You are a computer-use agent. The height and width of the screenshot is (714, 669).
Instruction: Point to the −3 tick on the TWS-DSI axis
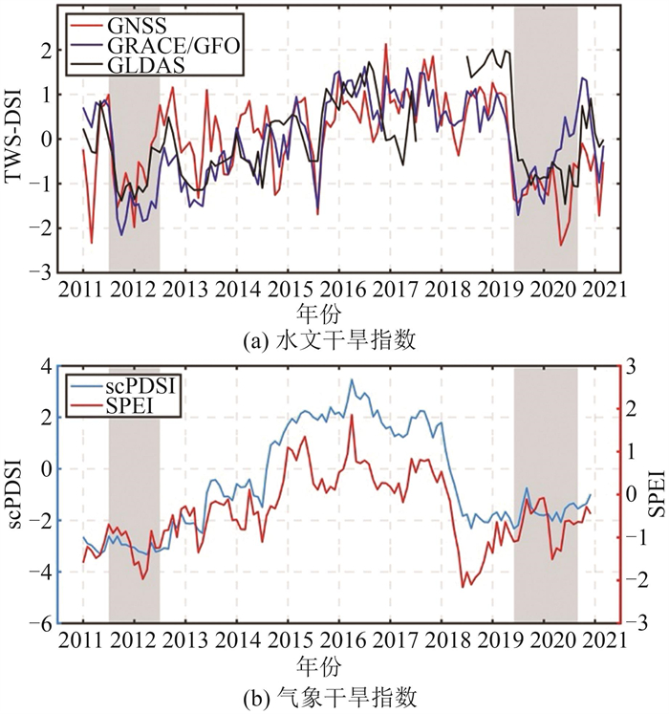coord(42,271)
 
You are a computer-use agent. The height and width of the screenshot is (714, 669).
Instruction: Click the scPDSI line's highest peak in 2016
coord(351,380)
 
